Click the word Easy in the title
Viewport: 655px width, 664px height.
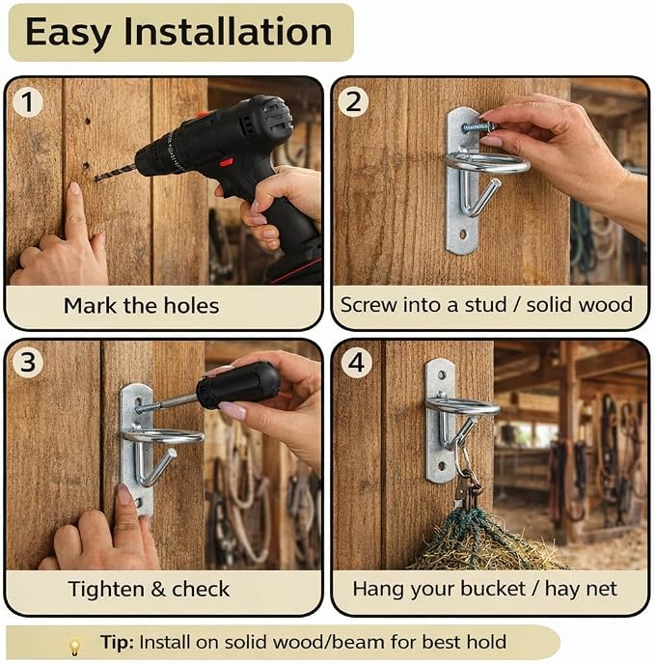click(68, 32)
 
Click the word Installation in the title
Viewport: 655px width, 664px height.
click(229, 31)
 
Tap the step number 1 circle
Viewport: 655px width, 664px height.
click(27, 102)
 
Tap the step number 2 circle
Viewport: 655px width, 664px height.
click(353, 101)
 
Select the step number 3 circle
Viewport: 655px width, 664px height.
click(28, 363)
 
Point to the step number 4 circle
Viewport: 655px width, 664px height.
click(356, 363)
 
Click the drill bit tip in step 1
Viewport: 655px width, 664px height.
click(96, 180)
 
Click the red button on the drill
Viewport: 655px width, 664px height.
click(227, 162)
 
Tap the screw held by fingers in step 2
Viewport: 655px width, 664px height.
click(478, 126)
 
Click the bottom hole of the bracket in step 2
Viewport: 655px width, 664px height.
click(463, 234)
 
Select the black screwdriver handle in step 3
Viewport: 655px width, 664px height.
click(238, 386)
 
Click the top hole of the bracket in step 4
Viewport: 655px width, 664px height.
click(442, 374)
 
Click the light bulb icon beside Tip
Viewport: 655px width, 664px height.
click(74, 647)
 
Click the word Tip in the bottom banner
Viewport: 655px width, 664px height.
click(117, 643)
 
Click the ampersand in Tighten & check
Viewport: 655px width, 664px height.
click(158, 589)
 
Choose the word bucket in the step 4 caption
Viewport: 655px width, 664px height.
click(492, 588)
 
